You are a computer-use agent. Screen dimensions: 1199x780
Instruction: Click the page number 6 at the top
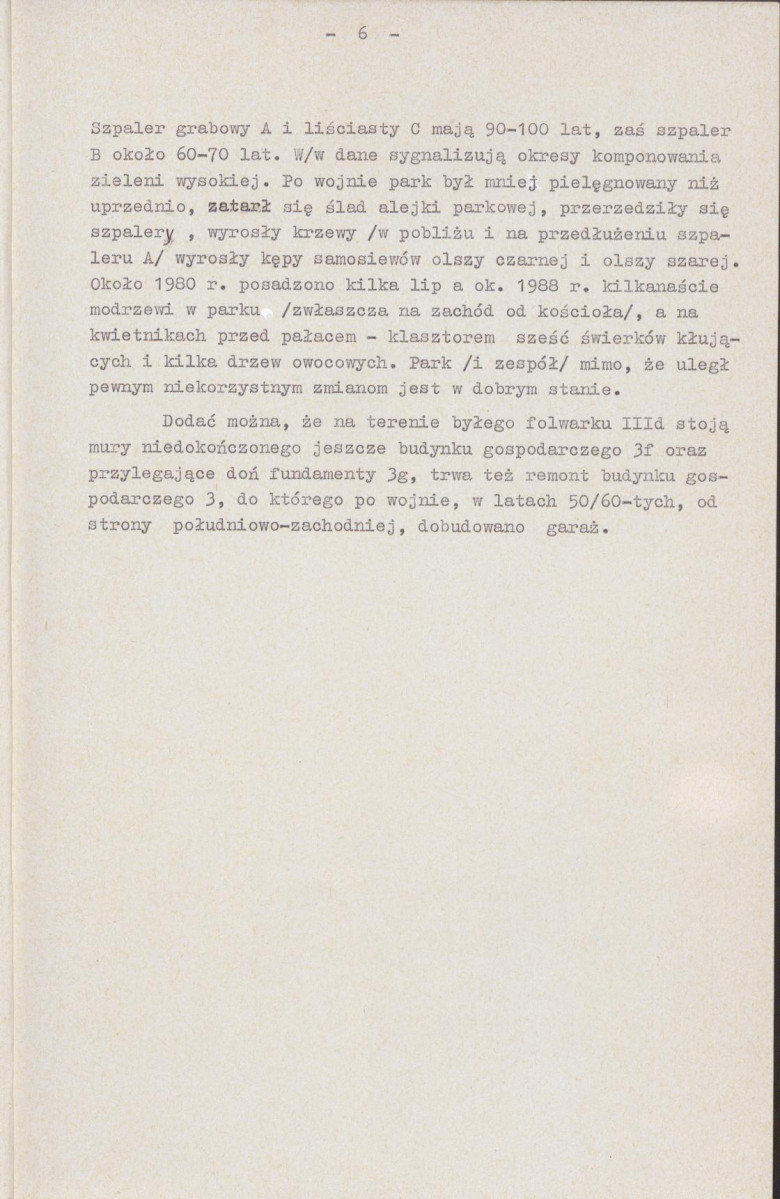point(362,34)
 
